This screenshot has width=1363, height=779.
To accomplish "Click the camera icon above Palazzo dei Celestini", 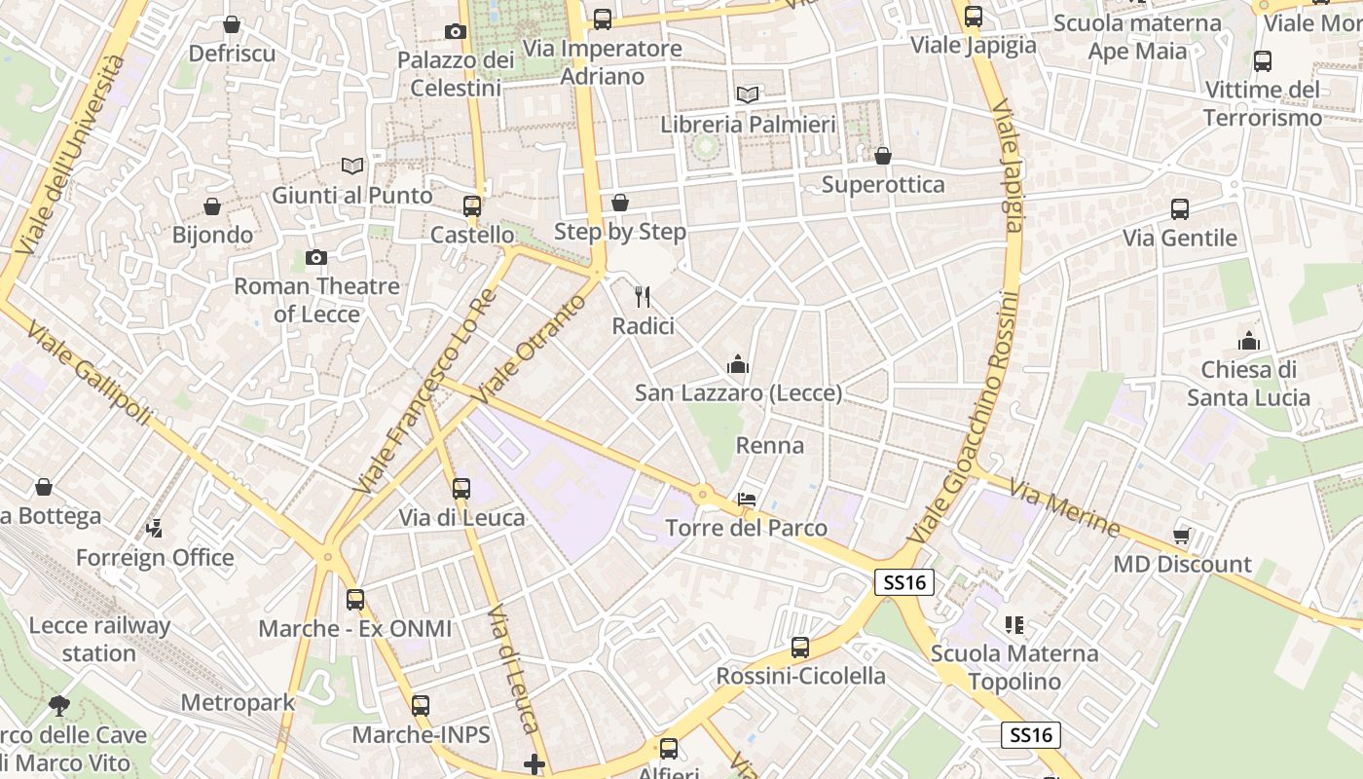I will coord(455,31).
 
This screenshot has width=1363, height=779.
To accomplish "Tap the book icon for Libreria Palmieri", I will coord(748,94).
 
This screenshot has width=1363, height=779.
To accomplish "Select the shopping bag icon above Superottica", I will coord(883,156).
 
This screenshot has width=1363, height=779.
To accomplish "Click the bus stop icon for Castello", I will coord(472,205).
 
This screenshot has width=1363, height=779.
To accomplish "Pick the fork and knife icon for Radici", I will coord(642,296).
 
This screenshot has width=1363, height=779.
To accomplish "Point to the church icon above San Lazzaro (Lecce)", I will coord(738,365).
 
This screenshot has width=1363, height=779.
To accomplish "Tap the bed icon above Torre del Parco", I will coord(747,499).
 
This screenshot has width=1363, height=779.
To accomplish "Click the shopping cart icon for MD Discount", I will coord(1182,536).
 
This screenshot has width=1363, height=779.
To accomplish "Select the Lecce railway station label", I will coord(99,639).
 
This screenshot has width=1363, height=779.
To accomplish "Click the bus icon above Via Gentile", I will coord(1180,208).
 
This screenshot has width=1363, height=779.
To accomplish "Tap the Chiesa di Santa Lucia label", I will coord(1248,384).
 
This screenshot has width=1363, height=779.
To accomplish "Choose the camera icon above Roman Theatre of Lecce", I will coord(316,257).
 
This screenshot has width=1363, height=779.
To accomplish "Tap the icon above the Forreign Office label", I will coord(154,529).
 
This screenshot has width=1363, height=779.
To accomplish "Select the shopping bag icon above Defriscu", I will coord(232,24).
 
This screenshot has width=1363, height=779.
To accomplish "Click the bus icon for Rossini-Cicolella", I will coord(800,647).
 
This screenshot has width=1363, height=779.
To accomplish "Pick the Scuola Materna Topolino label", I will coord(1014,667).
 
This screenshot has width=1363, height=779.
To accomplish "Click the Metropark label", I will coord(238,702).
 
